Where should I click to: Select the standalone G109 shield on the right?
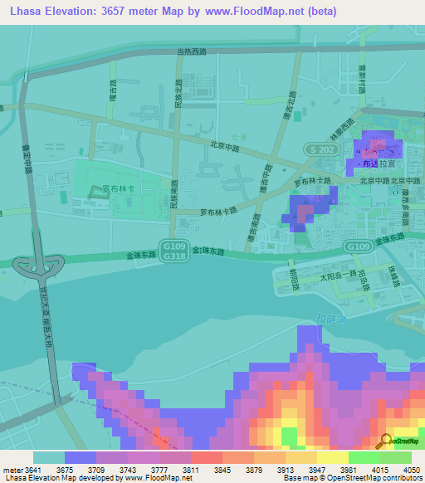pos(358,246)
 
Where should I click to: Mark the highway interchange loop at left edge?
pos(37,266)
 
